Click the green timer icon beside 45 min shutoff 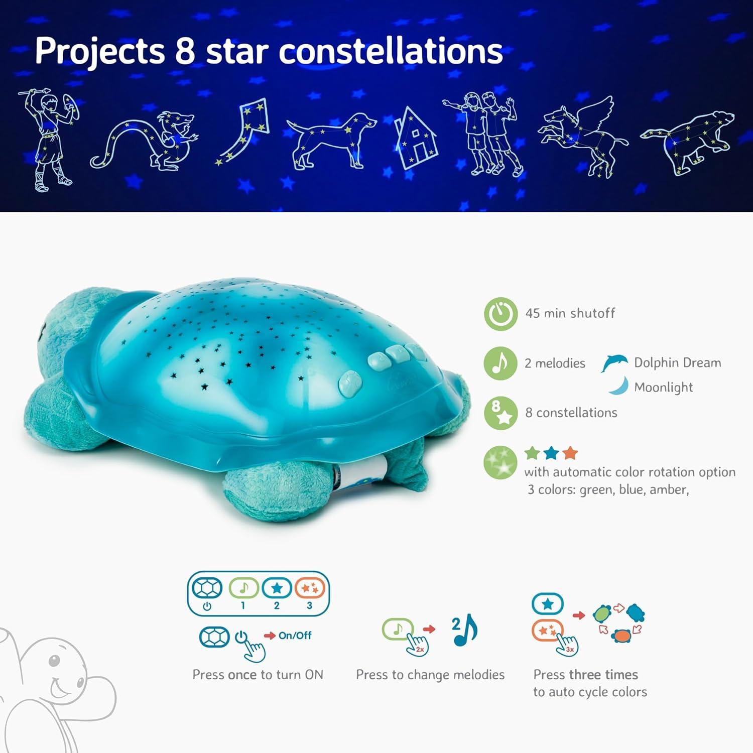(500, 314)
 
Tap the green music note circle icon (500, 363)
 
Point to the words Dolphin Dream (677, 362)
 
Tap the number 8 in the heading (185, 51)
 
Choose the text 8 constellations (571, 413)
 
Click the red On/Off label (295, 636)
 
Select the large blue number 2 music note (465, 630)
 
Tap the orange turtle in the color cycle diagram (622, 636)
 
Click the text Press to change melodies (430, 675)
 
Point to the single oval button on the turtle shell (350, 383)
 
